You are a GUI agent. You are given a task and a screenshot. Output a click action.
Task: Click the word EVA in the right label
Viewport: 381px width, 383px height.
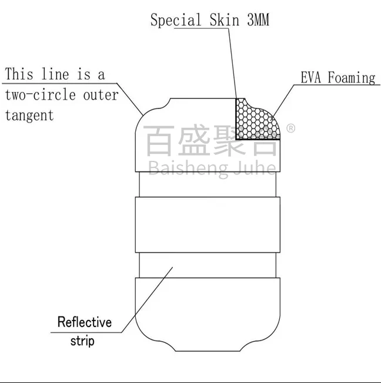pos(312,78)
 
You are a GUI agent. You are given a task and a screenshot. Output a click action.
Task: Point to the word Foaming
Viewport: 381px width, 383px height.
pos(351,78)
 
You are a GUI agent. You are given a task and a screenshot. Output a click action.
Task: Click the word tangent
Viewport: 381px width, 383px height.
pos(29,115)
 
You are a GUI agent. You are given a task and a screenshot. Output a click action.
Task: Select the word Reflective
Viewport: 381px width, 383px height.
pos(84,322)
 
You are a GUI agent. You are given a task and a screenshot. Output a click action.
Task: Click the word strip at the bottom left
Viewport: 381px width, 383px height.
pos(82,341)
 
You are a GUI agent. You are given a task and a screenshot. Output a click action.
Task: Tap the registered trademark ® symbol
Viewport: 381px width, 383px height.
pos(290,128)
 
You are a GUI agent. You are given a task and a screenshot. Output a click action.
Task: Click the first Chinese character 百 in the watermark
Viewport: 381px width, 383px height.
pos(159,141)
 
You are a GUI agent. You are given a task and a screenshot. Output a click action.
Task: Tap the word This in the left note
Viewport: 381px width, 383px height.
pos(19,75)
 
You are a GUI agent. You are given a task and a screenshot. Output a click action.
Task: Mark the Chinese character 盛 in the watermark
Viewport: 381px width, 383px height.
pos(195,141)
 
